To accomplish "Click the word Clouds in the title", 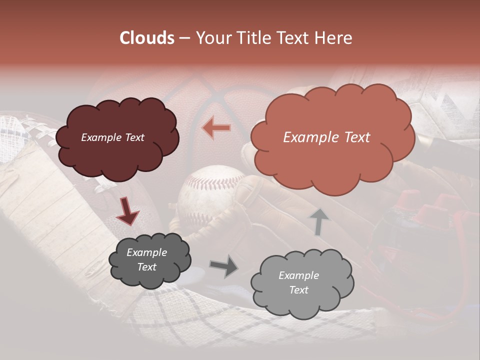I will point(147,38).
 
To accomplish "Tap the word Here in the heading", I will point(334,38).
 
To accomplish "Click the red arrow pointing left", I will point(216,127).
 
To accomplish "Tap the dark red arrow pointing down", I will point(127,210).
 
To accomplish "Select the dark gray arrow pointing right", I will point(223,266).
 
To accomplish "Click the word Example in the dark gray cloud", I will point(146,252).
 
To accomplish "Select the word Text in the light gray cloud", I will point(298,290).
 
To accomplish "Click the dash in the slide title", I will point(184,38).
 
